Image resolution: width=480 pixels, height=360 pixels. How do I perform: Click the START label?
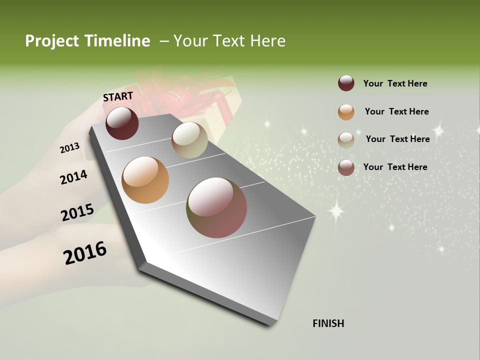[x=118, y=96]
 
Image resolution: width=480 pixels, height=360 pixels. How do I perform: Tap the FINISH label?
[x=328, y=323]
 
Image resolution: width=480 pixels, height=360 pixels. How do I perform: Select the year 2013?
[x=70, y=147]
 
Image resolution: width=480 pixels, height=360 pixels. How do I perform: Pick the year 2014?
[x=74, y=177]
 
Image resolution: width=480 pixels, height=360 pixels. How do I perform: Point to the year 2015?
[x=77, y=212]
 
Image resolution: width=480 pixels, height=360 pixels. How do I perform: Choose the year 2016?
[x=85, y=252]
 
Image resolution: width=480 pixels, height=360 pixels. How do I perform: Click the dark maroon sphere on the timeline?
[x=122, y=123]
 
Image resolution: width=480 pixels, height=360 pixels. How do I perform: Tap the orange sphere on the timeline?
[x=145, y=180]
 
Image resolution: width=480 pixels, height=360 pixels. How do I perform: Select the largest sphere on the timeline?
[x=216, y=207]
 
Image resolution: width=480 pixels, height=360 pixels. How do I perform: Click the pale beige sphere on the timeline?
[x=189, y=140]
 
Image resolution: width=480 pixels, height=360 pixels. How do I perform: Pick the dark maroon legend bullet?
[x=346, y=83]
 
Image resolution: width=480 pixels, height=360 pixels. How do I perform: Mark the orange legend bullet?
[x=346, y=112]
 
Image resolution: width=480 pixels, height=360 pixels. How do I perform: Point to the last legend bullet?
[x=346, y=167]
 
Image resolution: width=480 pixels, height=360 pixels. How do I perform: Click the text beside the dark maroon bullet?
[x=395, y=83]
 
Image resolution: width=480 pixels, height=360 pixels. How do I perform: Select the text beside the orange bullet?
[x=396, y=111]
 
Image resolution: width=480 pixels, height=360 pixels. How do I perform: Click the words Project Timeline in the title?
[x=87, y=41]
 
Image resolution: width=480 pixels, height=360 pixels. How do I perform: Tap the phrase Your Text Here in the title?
[x=229, y=41]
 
